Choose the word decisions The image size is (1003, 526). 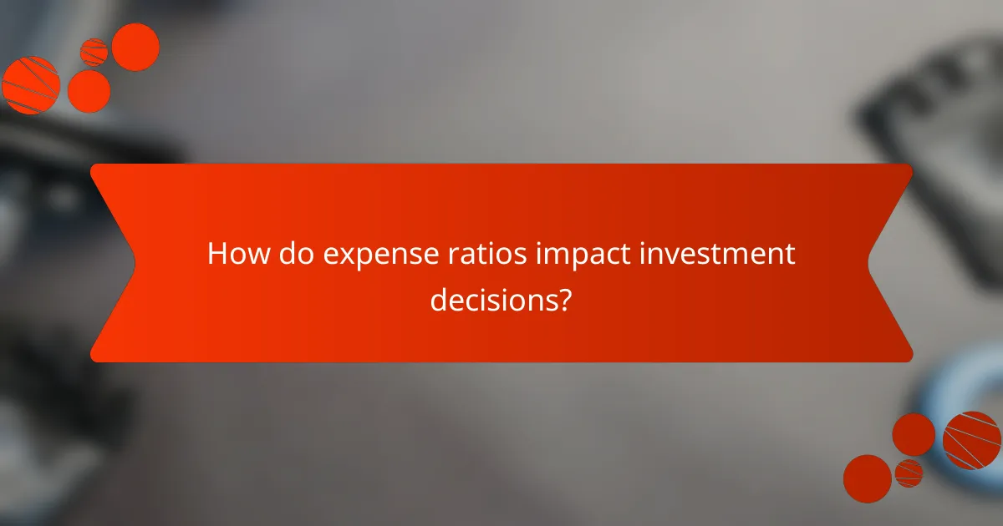493,298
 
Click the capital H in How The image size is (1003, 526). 216,254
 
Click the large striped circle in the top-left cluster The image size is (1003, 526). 31,85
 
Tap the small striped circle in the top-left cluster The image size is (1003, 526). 94,52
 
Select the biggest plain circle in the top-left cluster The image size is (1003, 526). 135,47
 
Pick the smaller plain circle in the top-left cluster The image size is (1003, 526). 89,91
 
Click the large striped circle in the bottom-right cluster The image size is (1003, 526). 972,440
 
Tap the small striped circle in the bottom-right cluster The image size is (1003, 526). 909,473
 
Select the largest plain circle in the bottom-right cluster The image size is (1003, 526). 868,478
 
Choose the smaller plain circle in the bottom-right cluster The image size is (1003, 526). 914,434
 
